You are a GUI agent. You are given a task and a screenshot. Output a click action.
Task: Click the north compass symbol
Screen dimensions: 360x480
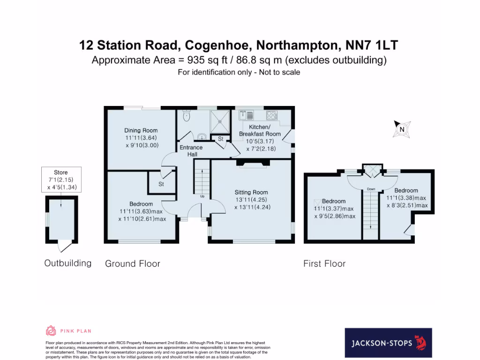[x=402, y=128]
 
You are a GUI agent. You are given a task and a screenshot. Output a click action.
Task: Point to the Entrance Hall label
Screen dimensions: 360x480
[x=191, y=150]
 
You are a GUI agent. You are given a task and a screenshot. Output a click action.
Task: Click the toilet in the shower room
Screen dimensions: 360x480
[x=187, y=116]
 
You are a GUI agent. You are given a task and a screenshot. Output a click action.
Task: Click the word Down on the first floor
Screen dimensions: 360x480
[x=371, y=189]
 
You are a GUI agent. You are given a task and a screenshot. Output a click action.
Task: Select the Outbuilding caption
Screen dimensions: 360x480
[x=68, y=263]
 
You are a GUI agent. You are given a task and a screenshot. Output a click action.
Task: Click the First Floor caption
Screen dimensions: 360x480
[x=324, y=264]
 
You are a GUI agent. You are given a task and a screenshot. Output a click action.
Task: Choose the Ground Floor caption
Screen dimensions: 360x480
[x=133, y=264]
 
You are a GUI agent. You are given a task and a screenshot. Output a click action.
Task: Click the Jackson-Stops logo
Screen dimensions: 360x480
[x=388, y=343]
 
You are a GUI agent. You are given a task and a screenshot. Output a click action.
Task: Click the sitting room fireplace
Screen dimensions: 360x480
[x=253, y=162]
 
